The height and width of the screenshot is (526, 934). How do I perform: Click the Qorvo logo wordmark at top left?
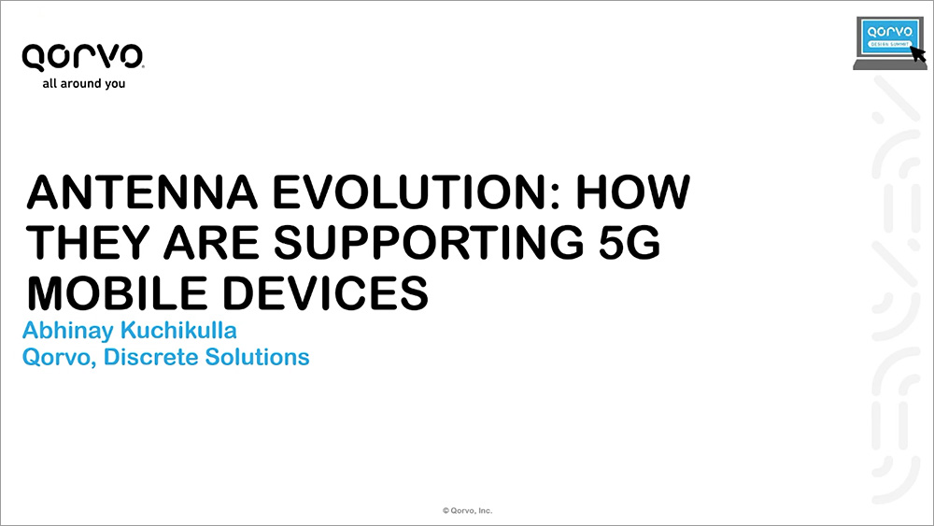83,58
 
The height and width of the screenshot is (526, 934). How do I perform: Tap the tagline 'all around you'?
84,84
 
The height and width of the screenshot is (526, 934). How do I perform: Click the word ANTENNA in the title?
142,192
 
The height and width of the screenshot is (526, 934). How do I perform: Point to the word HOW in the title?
632,192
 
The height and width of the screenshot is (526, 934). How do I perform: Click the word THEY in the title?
88,243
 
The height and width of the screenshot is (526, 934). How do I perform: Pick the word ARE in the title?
211,243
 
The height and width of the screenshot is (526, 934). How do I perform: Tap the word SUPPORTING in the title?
429,243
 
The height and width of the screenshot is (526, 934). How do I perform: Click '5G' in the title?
630,243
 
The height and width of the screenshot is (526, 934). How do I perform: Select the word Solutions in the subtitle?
258,357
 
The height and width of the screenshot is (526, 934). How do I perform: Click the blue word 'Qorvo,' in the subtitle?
59,358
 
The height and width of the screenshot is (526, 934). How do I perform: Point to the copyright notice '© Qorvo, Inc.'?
468,510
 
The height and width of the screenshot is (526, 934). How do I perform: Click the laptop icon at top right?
889,43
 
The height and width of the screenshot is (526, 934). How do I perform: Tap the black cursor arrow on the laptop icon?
918,53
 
